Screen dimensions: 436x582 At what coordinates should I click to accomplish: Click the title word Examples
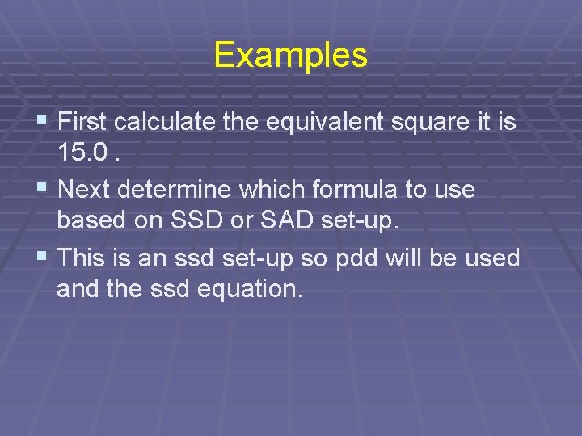click(x=291, y=56)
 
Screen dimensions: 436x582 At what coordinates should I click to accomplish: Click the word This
click(x=84, y=258)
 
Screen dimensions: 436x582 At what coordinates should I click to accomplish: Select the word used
click(x=492, y=259)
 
